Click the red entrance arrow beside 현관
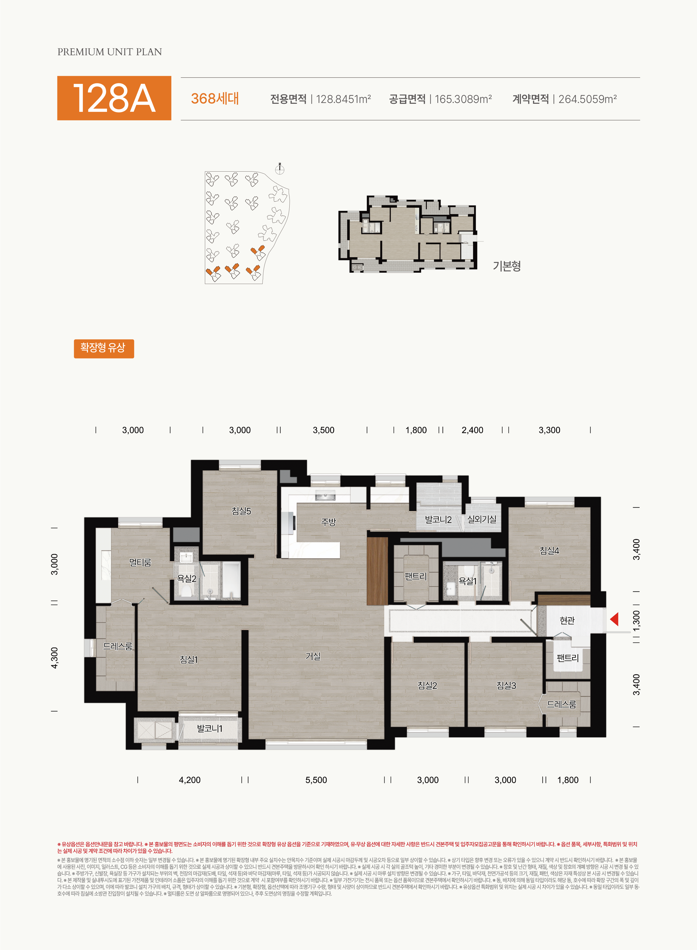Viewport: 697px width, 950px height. [615, 620]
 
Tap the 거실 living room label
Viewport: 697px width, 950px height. [313, 656]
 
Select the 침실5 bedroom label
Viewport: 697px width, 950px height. [241, 511]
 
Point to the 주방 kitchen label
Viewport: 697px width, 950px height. [328, 522]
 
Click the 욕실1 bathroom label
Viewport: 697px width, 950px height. [467, 581]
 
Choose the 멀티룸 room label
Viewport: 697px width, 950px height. [140, 562]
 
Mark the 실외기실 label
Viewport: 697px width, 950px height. [482, 519]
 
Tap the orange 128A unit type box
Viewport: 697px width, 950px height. [114, 98]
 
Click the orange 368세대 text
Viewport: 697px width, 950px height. [215, 99]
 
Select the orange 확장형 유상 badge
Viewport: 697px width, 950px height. [104, 349]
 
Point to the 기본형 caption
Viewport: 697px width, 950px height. [507, 266]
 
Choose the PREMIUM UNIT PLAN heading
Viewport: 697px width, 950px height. [110, 52]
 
